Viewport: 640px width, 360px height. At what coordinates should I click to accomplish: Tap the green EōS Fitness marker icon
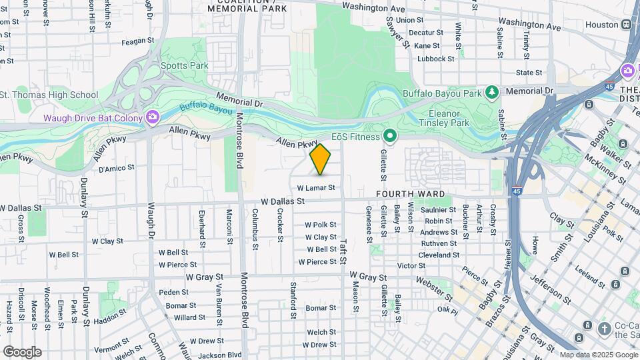click(x=390, y=137)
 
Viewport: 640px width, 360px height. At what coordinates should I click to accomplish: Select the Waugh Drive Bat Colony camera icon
click(x=153, y=118)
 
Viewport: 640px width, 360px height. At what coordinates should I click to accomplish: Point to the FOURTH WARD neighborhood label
click(x=410, y=194)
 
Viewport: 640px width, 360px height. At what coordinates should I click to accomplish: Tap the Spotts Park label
click(x=184, y=65)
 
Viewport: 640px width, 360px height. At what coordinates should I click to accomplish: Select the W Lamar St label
click(x=315, y=189)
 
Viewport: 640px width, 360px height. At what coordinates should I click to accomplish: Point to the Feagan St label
click(x=138, y=41)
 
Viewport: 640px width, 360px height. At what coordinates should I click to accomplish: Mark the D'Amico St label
click(x=117, y=168)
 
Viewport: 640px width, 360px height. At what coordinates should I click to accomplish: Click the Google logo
click(x=22, y=351)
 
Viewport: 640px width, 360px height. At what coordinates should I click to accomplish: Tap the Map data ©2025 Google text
click(x=597, y=355)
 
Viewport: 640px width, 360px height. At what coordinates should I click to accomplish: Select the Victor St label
click(x=411, y=265)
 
